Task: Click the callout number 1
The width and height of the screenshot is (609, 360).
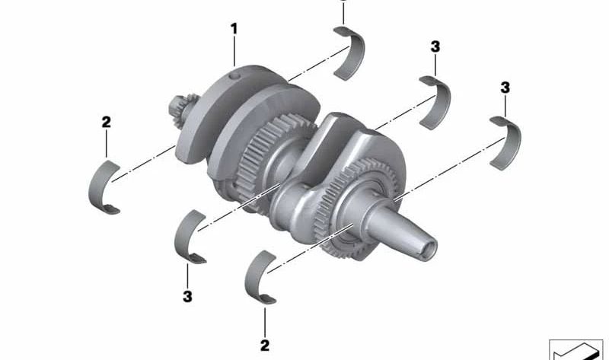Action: [234, 28]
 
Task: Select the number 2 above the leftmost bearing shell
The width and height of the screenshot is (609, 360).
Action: [106, 123]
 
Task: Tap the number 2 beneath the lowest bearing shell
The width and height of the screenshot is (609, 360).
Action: [265, 346]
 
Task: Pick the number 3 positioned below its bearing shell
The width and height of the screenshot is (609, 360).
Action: [187, 297]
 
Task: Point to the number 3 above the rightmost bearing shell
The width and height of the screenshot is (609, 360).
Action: [505, 88]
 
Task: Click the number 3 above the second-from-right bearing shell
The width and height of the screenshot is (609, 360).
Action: [435, 46]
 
